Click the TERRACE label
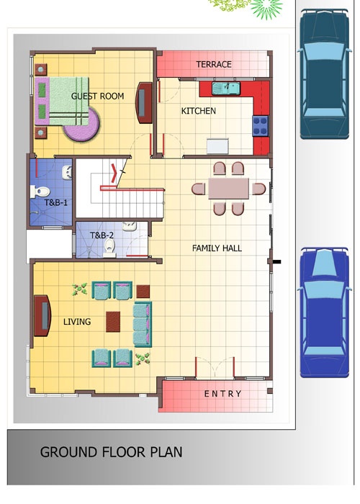click(214, 64)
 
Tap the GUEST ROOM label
click(97, 96)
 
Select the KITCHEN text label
click(198, 111)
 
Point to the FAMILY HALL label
click(217, 248)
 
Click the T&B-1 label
click(56, 203)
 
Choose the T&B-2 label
click(102, 235)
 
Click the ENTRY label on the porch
click(222, 394)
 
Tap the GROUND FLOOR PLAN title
click(111, 452)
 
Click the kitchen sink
click(226, 89)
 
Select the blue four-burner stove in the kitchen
click(261, 126)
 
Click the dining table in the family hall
click(228, 189)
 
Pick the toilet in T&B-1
click(40, 192)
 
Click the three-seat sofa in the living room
click(143, 324)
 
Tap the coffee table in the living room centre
click(113, 322)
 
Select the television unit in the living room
click(42, 315)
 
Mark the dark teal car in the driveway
click(324, 75)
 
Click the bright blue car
click(324, 312)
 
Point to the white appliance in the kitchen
click(217, 146)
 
